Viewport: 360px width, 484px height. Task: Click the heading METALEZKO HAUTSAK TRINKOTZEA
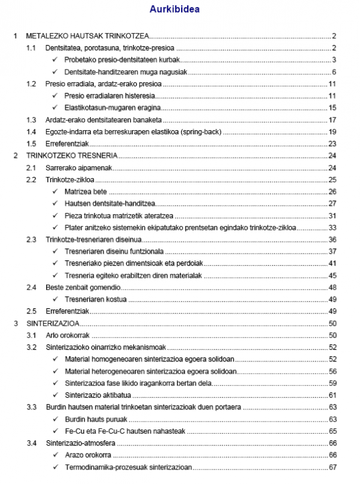click(88, 37)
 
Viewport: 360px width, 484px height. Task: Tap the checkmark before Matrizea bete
click(55, 192)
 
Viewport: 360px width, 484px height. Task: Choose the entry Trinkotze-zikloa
click(70, 180)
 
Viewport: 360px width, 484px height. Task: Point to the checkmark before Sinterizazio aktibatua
click(55, 395)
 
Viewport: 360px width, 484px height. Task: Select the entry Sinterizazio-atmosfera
click(81, 443)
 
